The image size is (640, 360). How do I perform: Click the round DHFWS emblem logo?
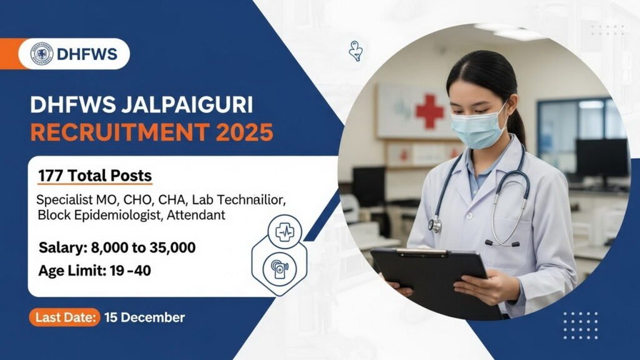(41, 54)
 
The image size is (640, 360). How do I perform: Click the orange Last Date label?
(64, 317)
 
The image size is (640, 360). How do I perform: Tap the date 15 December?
(144, 317)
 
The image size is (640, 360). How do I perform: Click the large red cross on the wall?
(429, 111)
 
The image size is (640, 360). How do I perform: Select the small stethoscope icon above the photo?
(356, 52)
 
